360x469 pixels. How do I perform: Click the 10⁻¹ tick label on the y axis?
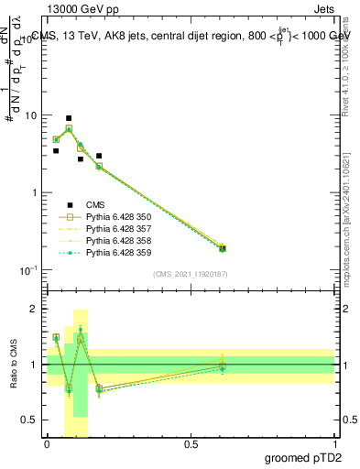coord(27,270)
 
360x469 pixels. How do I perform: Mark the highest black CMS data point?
coord(69,118)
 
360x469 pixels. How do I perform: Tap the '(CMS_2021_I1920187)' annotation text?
coord(191,273)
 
